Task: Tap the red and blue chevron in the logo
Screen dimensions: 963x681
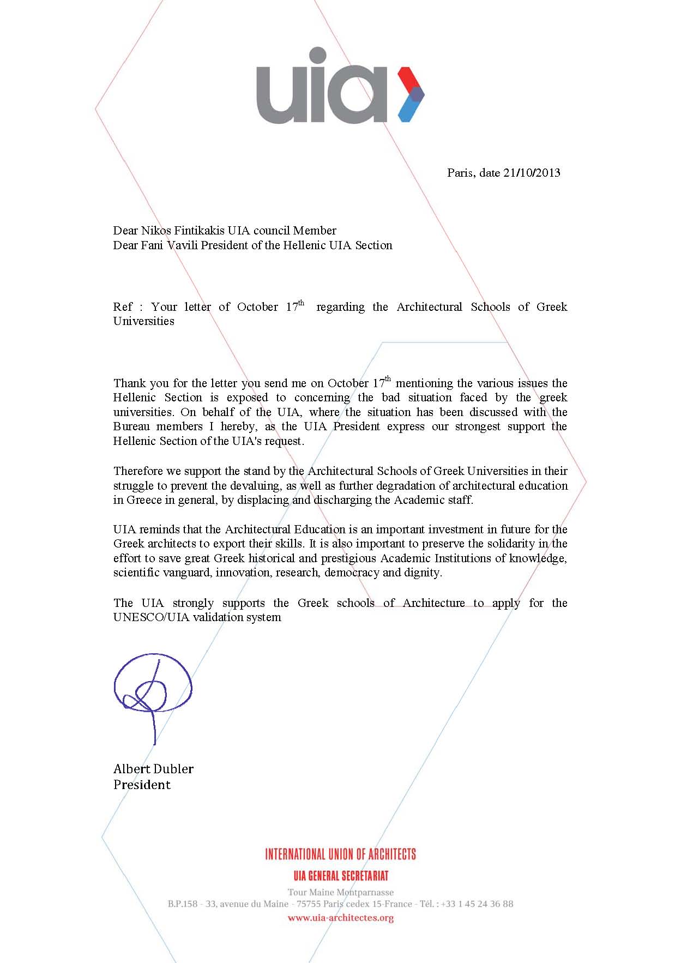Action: coord(411,94)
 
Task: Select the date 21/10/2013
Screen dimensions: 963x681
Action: coord(532,173)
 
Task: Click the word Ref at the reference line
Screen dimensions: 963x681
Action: coord(123,307)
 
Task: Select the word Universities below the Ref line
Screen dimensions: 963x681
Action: coord(144,321)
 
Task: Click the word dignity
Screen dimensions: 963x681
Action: coord(422,573)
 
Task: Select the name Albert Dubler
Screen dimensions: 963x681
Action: coord(153,769)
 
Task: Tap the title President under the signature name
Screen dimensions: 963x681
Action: coord(142,785)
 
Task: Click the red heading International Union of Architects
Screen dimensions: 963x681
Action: coord(340,854)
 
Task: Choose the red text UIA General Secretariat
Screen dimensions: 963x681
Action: coord(341,876)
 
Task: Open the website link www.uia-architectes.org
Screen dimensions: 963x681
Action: coord(340,918)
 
